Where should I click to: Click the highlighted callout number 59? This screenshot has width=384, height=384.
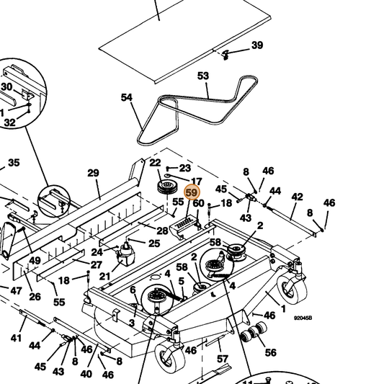tap(192, 192)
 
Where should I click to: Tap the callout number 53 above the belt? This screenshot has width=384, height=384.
tap(203, 76)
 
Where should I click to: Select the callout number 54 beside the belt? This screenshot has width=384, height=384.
tap(127, 97)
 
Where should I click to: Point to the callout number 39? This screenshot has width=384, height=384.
tap(257, 45)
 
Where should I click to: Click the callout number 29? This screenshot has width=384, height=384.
tap(94, 173)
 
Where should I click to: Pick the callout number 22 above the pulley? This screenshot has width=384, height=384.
tap(156, 163)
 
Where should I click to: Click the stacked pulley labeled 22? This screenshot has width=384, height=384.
tap(167, 187)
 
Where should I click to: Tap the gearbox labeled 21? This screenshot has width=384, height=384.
tap(126, 256)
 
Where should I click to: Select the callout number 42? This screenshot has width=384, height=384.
tap(297, 197)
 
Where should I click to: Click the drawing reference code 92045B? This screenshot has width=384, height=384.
tap(303, 318)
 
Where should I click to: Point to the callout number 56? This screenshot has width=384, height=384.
tap(271, 352)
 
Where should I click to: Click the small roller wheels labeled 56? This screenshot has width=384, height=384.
tap(254, 332)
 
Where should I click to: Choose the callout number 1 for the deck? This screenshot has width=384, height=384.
tap(283, 308)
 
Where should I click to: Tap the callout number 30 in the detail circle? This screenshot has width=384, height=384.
tap(6, 86)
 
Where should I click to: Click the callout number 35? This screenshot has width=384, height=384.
tap(14, 163)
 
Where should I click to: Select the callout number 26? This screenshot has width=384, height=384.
tap(35, 297)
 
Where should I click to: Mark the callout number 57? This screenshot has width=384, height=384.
tap(223, 359)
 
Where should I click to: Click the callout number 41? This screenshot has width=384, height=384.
tap(16, 338)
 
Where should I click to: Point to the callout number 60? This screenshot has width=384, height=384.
tap(198, 203)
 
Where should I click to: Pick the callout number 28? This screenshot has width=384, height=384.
tap(162, 231)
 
